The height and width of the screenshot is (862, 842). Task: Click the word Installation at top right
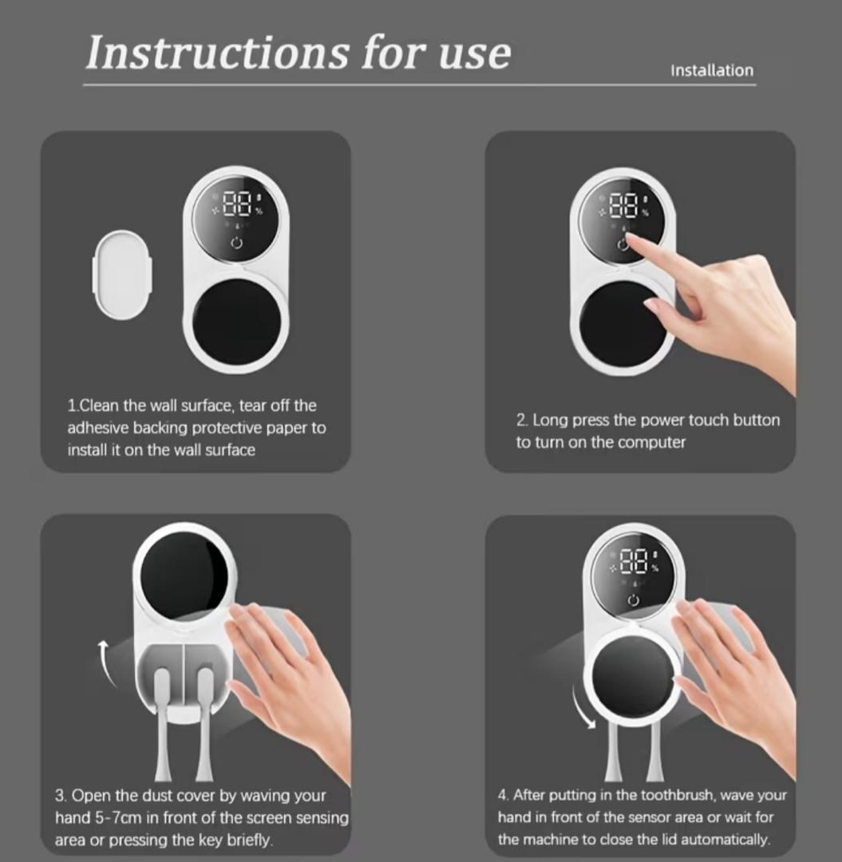pos(712,70)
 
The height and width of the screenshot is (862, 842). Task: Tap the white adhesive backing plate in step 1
pos(122,275)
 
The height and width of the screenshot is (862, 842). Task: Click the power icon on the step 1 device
pos(236,243)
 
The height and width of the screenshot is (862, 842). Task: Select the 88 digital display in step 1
pos(236,204)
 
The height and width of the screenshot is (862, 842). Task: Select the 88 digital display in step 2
pos(623,204)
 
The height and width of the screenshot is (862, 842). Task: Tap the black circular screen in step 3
pos(184,578)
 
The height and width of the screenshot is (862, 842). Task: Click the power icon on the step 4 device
pos(634,600)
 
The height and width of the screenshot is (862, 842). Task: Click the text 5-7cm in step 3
pos(118,818)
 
